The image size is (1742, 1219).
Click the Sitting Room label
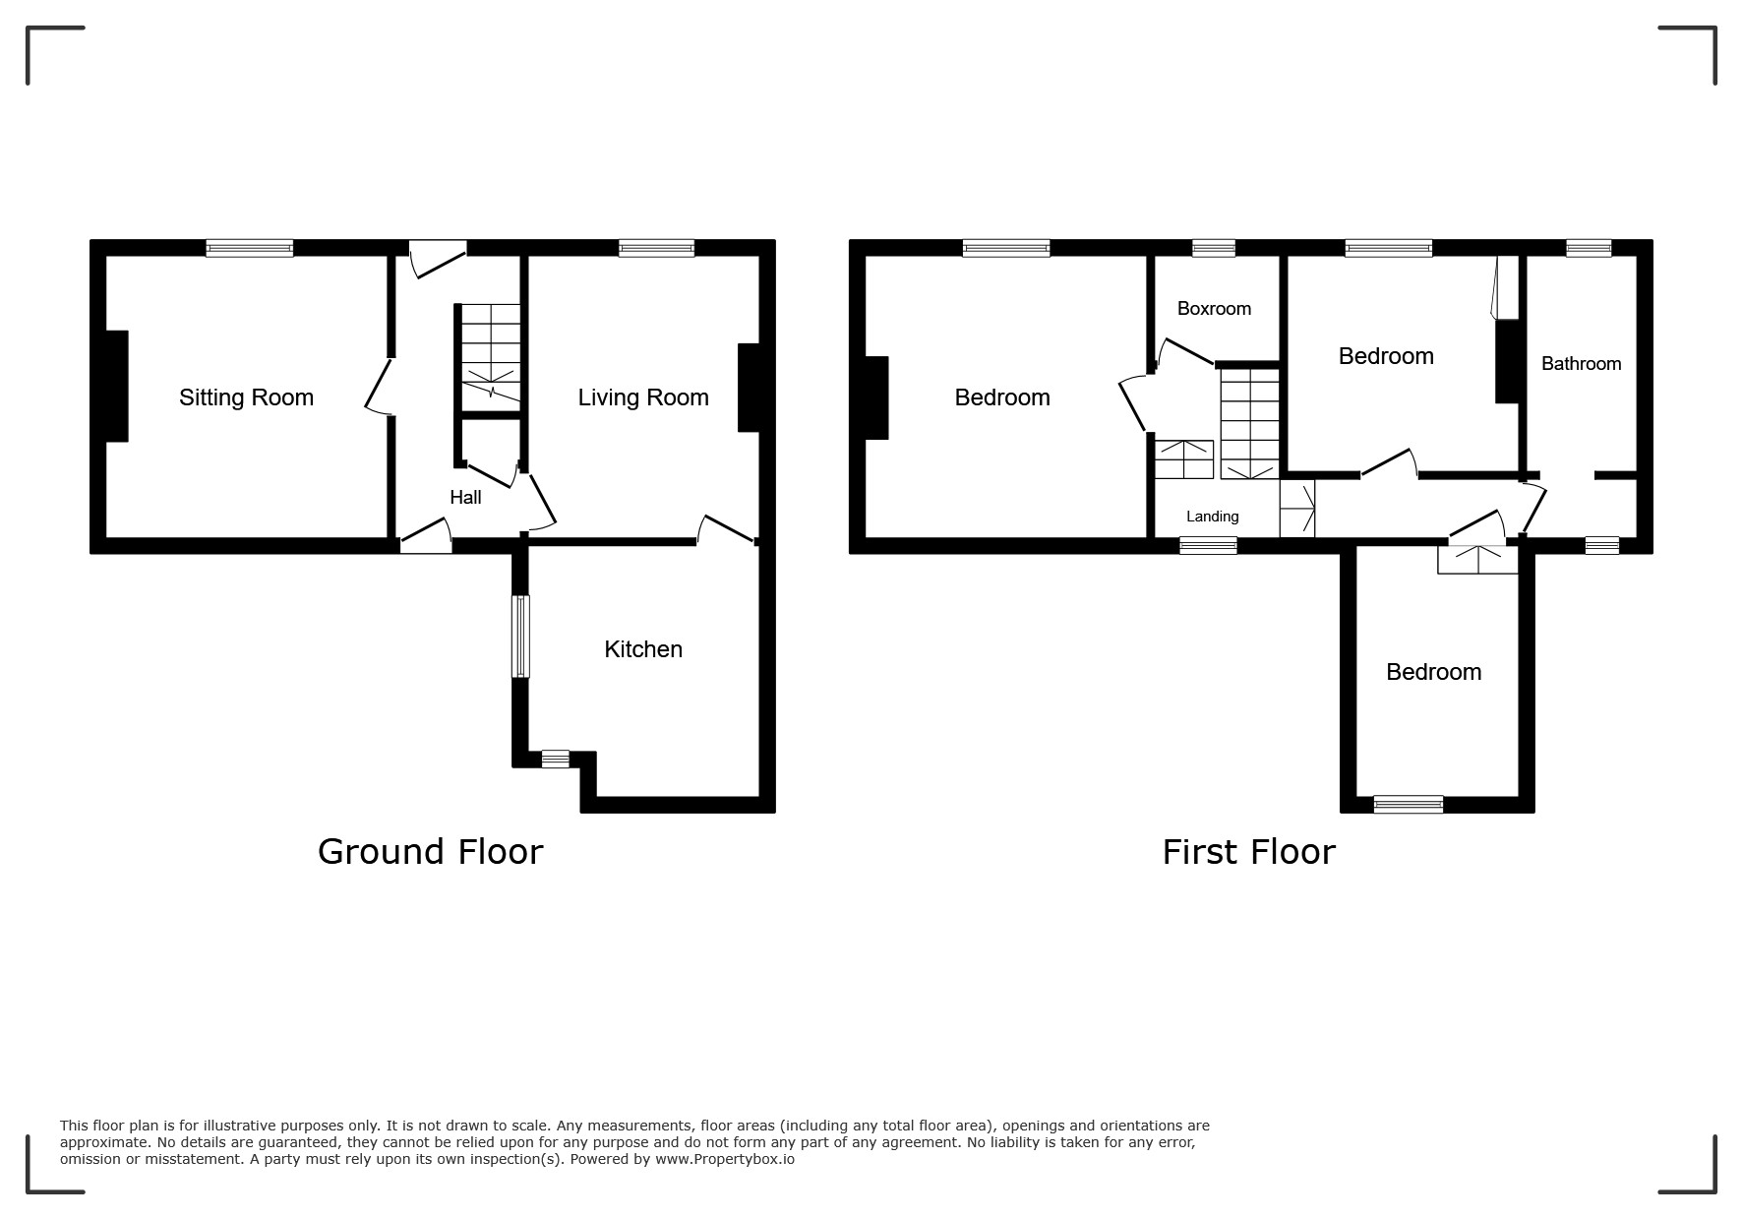coord(246,397)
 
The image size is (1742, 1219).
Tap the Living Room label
coord(643,397)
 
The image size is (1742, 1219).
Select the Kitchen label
coord(643,649)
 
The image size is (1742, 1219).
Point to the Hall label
coord(465,498)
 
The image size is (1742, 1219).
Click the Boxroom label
coord(1214,309)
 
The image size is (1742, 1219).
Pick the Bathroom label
coord(1581,364)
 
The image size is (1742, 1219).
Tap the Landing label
coord(1212,517)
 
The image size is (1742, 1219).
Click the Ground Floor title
coord(430,852)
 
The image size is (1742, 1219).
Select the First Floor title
coord(1248,852)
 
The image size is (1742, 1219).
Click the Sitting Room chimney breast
coord(117,386)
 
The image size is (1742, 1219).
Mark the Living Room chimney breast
coord(749,387)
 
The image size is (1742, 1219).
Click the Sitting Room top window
coord(250,248)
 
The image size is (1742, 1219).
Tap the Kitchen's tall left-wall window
coord(520,637)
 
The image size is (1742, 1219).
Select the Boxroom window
coord(1214,248)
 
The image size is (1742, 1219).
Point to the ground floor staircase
coord(491,357)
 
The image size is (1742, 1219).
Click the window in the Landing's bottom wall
coord(1208,545)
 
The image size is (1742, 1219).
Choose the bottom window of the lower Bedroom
coord(1409,804)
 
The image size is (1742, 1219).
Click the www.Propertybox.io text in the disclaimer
coord(725,1159)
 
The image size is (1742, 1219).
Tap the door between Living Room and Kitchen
coord(727,528)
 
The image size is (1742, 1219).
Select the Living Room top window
coord(657,248)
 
